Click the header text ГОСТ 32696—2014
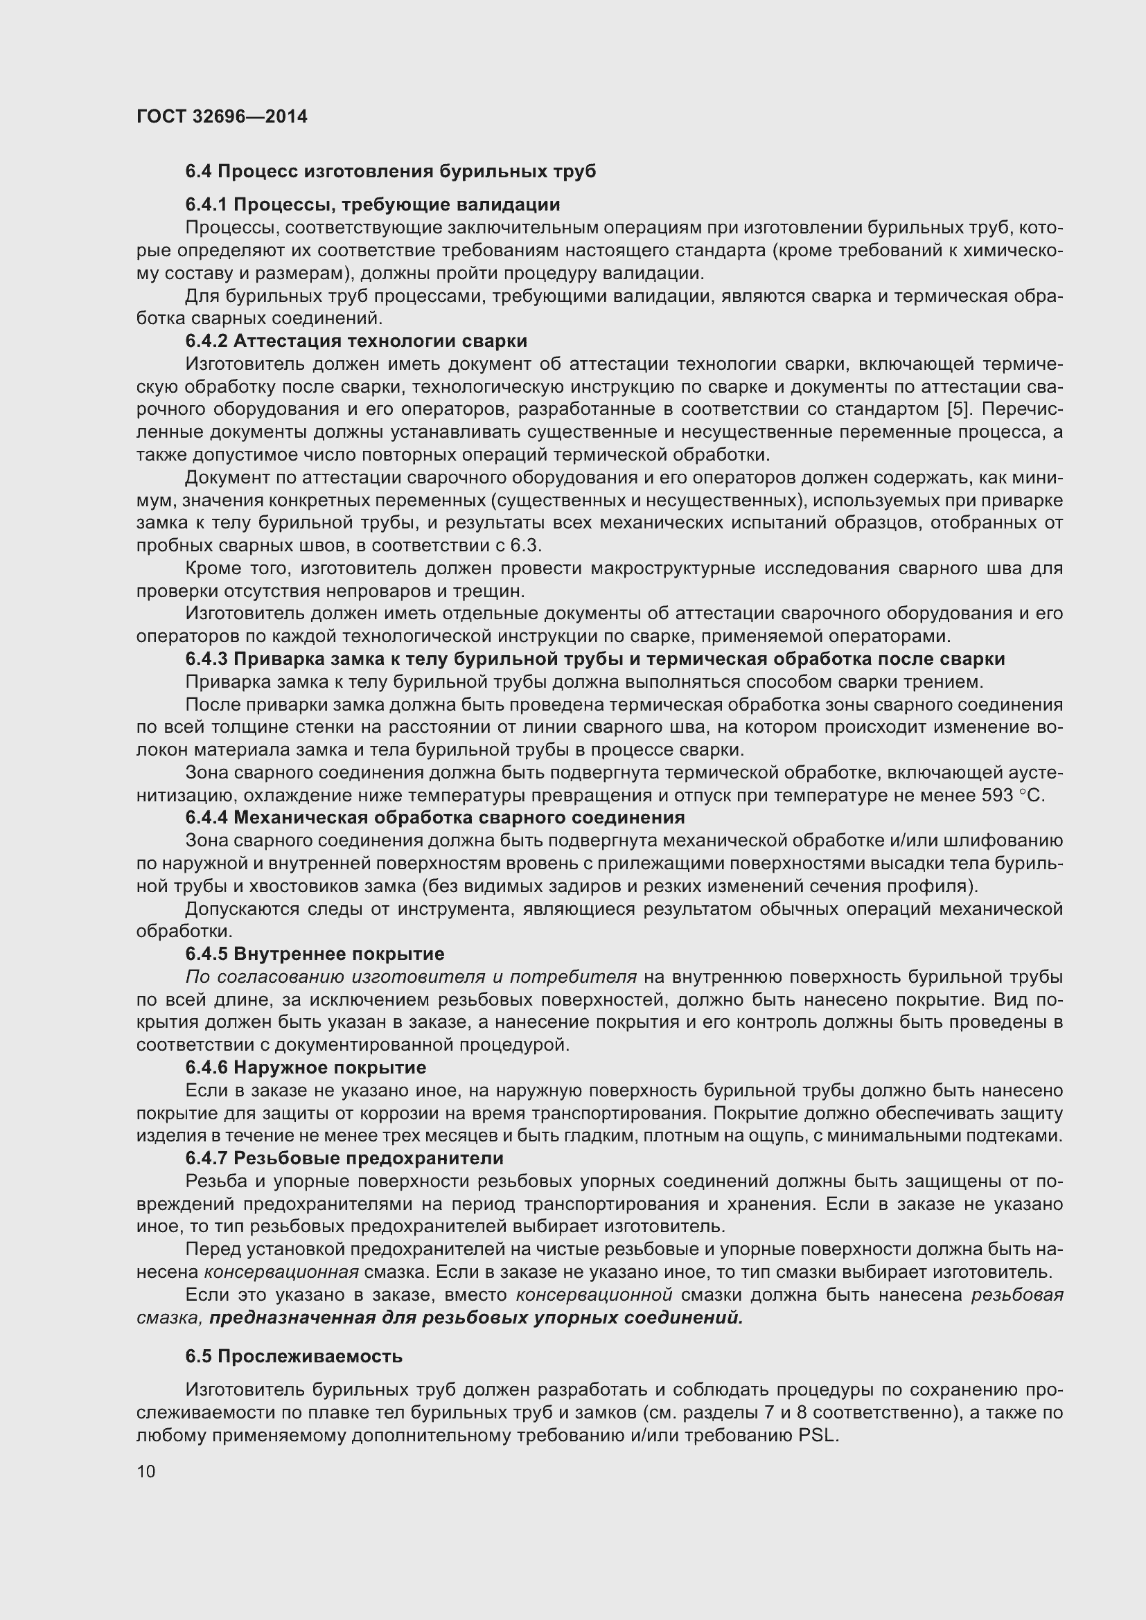point(222,116)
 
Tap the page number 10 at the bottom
point(146,1471)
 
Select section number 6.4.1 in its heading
point(206,204)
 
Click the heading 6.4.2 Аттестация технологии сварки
point(356,341)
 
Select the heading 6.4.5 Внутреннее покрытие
point(315,954)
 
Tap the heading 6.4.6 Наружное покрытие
point(306,1067)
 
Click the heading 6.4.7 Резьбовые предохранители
point(344,1159)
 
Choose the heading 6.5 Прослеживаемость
point(294,1356)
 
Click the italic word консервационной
point(594,1294)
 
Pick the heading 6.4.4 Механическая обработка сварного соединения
point(434,818)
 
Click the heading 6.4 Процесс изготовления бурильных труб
point(390,172)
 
